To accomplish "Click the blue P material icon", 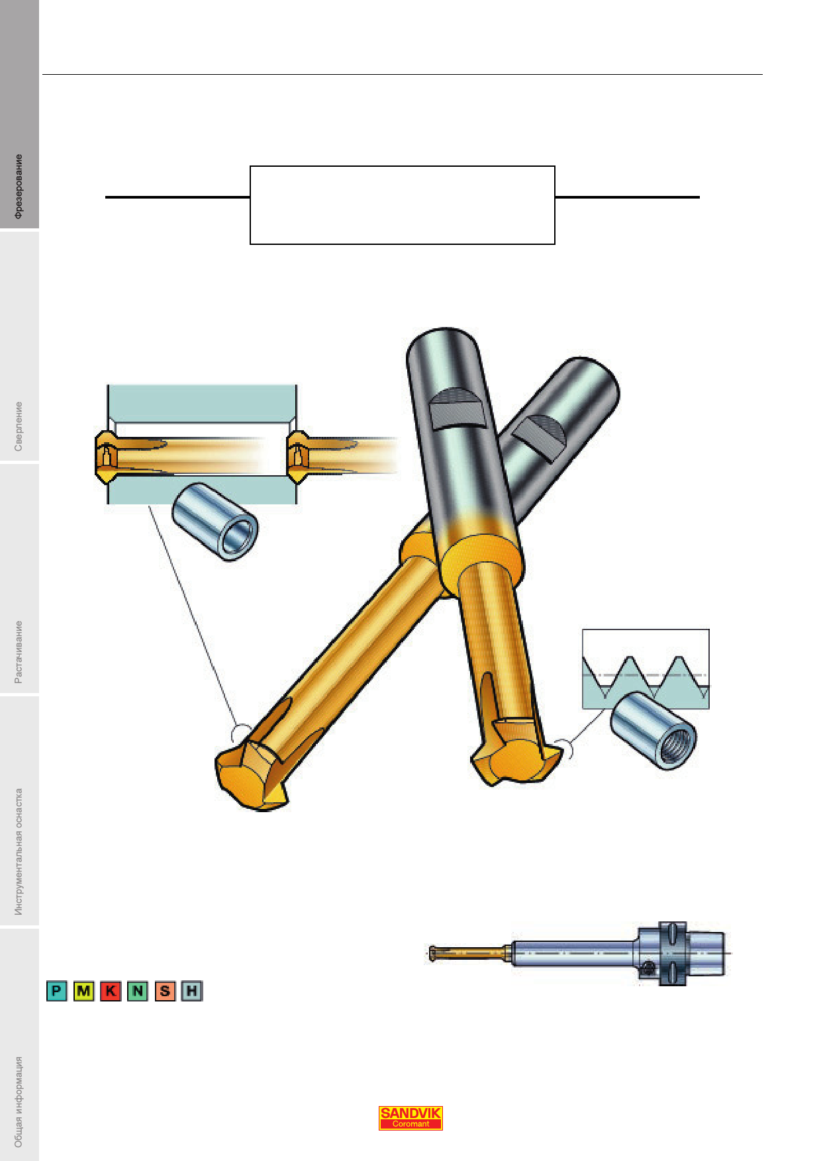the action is point(57,991).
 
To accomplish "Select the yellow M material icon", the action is point(84,991).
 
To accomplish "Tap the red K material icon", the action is point(111,991).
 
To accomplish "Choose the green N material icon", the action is point(138,991).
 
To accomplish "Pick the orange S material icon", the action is point(165,991).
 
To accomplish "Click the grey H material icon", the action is point(191,991).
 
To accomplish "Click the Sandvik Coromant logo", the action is point(410,1118).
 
